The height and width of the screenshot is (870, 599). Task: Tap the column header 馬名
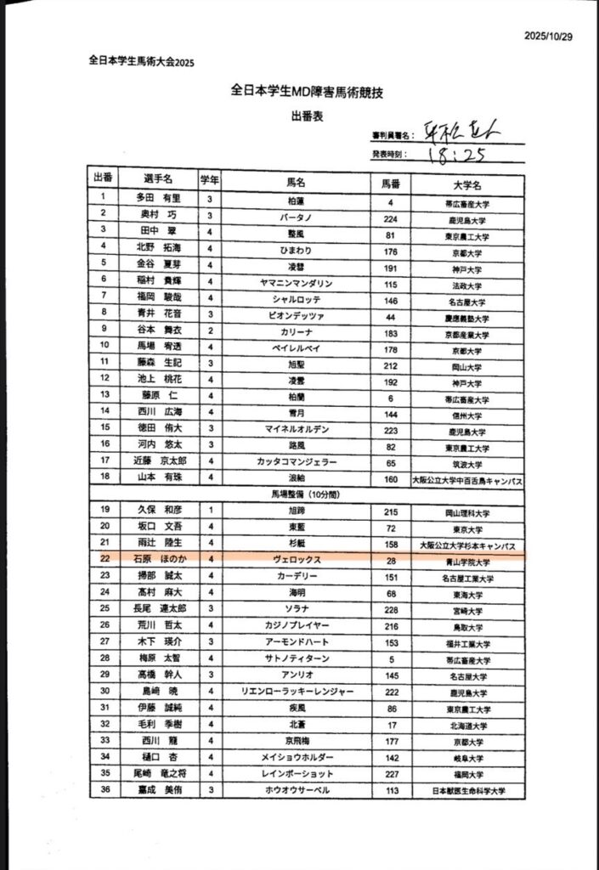pos(296,182)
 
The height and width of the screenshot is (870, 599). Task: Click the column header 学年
pos(210,180)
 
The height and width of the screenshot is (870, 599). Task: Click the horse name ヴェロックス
pos(297,560)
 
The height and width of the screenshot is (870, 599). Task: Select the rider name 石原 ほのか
pos(158,560)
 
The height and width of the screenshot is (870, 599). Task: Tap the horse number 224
pos(391,219)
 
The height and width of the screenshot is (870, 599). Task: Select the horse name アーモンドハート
pos(297,641)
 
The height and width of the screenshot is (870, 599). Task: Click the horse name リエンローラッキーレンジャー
pos(297,691)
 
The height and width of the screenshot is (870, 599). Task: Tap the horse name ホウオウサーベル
pos(297,790)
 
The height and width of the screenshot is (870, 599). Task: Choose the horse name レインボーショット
pos(297,774)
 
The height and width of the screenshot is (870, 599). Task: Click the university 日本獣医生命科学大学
pos(466,791)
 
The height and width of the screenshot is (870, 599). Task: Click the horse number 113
pos(392,790)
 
